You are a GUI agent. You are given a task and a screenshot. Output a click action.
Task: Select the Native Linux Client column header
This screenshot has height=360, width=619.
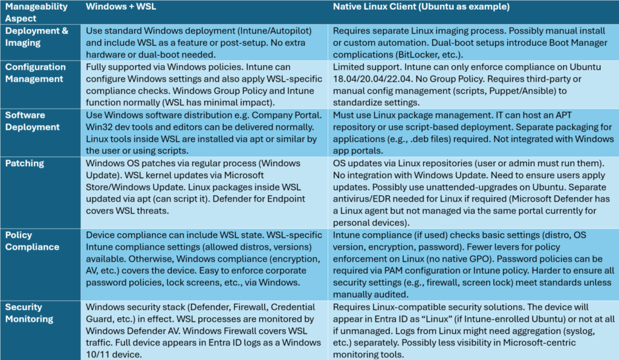421,7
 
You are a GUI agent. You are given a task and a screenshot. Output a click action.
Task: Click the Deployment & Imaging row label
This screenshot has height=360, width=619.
36,36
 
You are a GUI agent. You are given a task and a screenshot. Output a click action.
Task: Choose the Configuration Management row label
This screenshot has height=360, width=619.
34,72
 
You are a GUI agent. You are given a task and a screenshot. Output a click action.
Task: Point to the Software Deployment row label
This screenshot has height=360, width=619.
32,121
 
